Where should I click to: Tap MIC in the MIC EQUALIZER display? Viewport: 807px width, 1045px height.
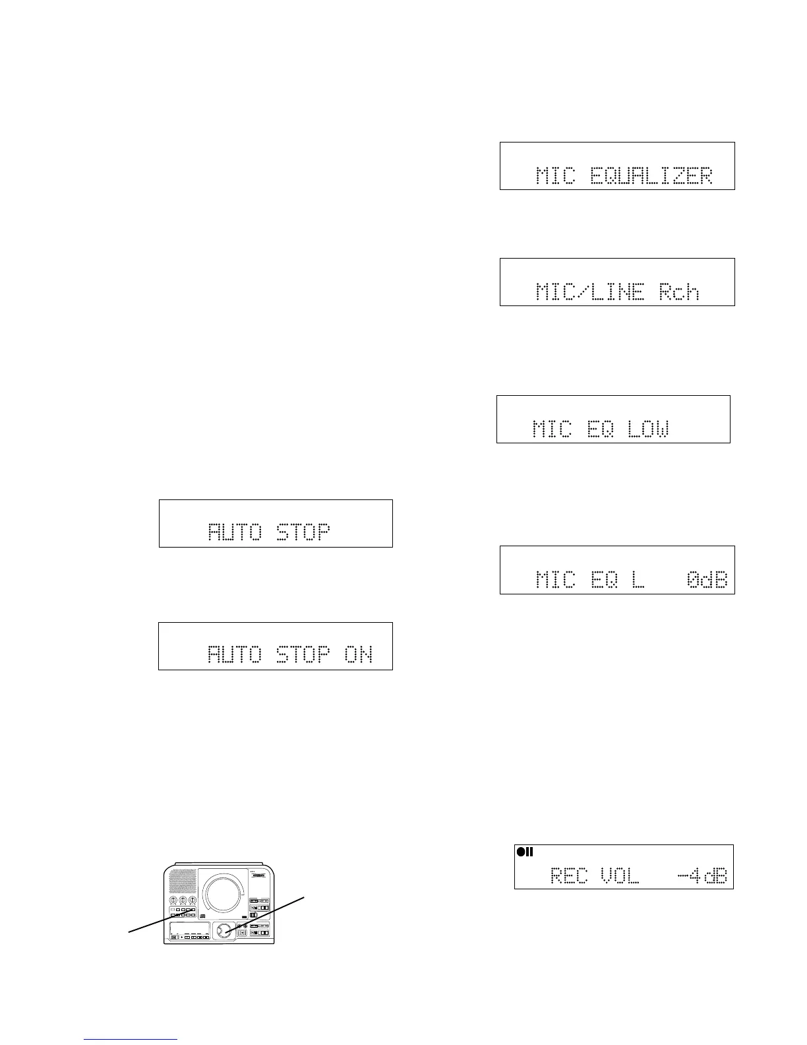(556, 176)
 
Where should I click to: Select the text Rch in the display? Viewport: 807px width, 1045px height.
(679, 292)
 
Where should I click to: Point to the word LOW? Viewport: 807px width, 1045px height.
(648, 429)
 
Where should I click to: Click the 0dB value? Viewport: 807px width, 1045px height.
(707, 581)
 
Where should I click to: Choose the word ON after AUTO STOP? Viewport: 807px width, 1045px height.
(359, 654)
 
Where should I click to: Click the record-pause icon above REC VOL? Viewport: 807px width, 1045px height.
(525, 852)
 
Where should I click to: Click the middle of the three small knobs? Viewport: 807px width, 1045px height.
(183, 901)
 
